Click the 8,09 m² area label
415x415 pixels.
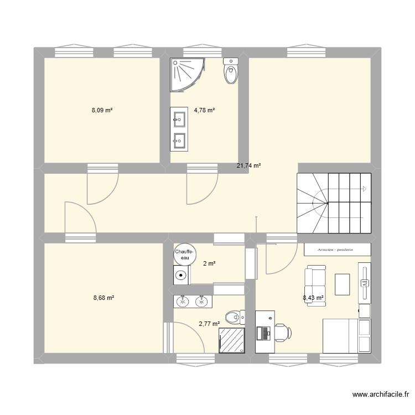pos(102,110)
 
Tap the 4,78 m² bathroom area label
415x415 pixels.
pos(204,110)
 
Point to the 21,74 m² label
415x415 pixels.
pos(248,165)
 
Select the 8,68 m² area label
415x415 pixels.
pos(103,298)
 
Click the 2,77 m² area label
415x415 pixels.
pos(209,324)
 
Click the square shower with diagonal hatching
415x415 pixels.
pos(231,340)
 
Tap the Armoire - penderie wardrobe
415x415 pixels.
pos(337,250)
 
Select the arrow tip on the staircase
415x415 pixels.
pos(365,189)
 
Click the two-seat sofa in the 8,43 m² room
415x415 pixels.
pos(315,282)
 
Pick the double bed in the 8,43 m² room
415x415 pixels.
pos(340,335)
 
